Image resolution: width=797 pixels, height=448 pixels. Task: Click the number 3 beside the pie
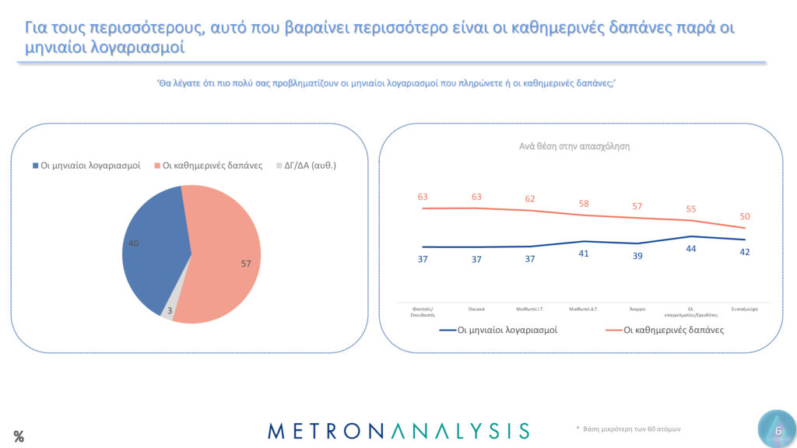pos(170,310)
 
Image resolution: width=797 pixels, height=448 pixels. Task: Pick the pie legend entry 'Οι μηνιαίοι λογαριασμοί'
pos(86,166)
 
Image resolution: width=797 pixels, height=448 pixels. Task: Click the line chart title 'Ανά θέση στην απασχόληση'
pos(574,146)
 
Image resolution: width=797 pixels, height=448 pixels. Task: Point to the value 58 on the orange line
pos(584,203)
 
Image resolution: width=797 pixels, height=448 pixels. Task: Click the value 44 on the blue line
pos(691,248)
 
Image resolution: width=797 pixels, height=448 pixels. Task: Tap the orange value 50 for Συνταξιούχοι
pos(745,215)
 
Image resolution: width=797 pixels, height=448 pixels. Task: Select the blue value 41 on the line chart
pos(584,254)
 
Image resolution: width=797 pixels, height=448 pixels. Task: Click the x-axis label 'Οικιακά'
pos(477,308)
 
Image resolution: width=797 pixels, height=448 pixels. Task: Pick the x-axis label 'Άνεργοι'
pos(637,308)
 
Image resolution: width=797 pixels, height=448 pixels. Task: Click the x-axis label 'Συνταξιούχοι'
pos(745,308)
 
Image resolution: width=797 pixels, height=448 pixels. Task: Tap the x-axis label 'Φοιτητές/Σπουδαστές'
pos(423,311)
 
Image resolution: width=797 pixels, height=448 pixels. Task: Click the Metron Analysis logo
pos(398,430)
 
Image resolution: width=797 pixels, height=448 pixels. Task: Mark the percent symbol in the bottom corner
pos(19,437)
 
